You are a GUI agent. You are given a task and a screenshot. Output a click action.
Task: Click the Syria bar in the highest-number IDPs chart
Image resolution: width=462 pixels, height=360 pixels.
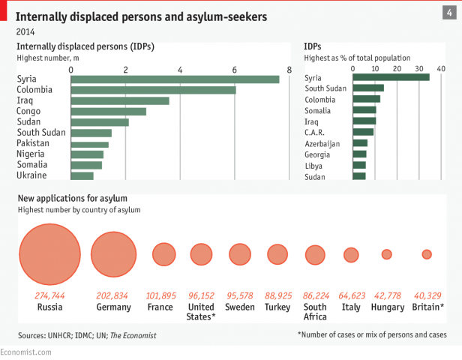pos(175,79)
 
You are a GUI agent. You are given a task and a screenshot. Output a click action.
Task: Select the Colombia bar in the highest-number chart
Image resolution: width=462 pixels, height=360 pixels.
pos(153,90)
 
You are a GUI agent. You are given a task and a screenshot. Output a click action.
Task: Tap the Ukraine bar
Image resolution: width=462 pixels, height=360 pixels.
pos(82,175)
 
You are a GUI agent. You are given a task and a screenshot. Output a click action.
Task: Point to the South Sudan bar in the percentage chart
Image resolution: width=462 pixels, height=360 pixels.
pos(367,88)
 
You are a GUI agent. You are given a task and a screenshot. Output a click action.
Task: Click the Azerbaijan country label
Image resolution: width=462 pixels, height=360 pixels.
pos(322,143)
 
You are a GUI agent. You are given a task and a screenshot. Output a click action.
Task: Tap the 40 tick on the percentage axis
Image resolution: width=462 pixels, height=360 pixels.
pos(441,69)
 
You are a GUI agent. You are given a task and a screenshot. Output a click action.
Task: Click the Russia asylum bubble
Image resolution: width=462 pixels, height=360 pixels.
pos(49,254)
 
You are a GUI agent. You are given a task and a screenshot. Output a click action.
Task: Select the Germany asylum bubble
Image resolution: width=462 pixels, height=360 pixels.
pos(114,254)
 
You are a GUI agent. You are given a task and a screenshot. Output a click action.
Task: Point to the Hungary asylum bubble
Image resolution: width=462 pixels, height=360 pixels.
pos(387,254)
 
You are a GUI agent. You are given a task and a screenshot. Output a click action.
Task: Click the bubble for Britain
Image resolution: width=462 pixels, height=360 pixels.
pos(427,254)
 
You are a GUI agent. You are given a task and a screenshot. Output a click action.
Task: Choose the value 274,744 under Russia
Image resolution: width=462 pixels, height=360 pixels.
pos(49,295)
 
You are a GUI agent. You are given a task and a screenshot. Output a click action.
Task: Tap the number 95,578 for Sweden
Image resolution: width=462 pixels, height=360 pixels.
pos(240,295)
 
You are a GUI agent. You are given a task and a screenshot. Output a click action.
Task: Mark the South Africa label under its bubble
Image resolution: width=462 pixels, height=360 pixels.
pos(315,311)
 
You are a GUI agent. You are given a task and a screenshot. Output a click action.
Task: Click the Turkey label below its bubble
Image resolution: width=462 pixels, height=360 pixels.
pos(277,307)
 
